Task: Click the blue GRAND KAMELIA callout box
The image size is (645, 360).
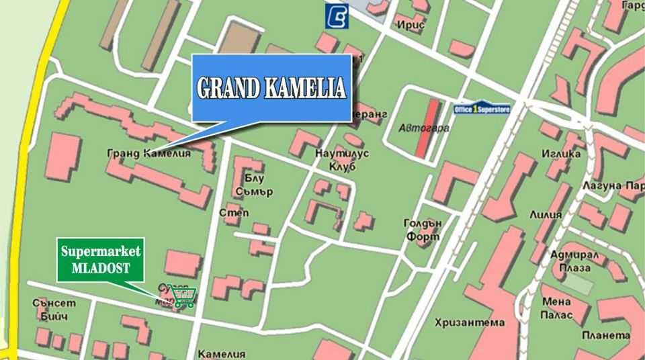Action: coord(271,88)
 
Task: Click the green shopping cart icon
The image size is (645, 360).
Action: coord(183,296)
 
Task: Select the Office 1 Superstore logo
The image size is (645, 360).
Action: coord(482,109)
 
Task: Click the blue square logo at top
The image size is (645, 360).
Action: coord(337,16)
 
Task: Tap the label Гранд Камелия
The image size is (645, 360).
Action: coord(148,153)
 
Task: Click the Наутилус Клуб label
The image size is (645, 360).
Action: coord(341,159)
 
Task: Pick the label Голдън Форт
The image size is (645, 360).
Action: coord(422,230)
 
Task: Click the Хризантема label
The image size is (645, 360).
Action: coord(469,322)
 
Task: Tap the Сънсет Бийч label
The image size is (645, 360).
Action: coord(54,309)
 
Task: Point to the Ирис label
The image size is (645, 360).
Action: coord(411,25)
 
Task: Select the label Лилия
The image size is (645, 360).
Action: coord(545,215)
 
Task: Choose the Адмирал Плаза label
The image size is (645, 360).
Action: coord(569,261)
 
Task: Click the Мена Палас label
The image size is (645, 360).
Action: coord(557,308)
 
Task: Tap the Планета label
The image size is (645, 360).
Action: coord(605,336)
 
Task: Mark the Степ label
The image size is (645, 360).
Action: coord(234,213)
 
